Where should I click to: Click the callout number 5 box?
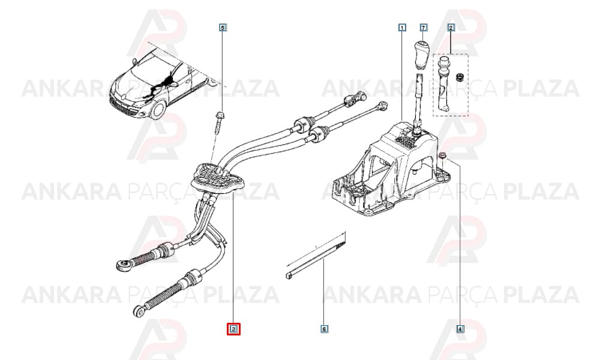pos(223,28)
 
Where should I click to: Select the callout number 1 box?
pos(402,28)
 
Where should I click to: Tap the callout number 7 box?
pos(423,28)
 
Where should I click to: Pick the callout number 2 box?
pos(451,28)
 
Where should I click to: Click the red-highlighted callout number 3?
pos(233,329)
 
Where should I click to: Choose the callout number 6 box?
pos(324,329)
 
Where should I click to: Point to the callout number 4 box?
pos(460,329)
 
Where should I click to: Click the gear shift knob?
pos(420,54)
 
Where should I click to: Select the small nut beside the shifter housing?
pos(442,155)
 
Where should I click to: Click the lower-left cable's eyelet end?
pos(140,310)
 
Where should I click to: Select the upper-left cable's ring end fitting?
pos(121,263)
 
